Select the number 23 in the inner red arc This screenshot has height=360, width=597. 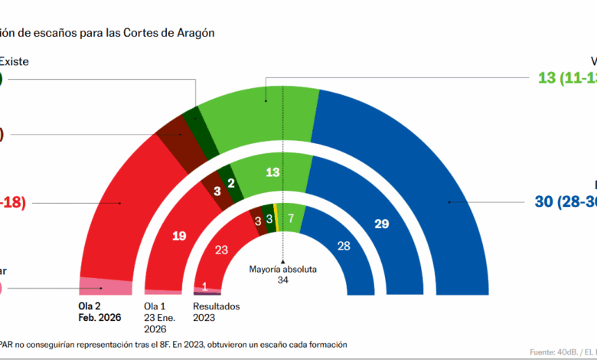click(223, 249)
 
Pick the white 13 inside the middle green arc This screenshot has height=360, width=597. click(272, 172)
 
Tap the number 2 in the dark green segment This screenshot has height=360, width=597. click(230, 184)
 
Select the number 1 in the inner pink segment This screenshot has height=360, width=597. click(204, 286)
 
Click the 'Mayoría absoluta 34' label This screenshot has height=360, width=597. click(282, 274)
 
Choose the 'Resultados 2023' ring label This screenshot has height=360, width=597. click(216, 312)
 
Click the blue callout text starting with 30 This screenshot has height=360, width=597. click(563, 202)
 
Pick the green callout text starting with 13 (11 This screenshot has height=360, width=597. click(567, 77)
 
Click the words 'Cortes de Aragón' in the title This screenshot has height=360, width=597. click(171, 33)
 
